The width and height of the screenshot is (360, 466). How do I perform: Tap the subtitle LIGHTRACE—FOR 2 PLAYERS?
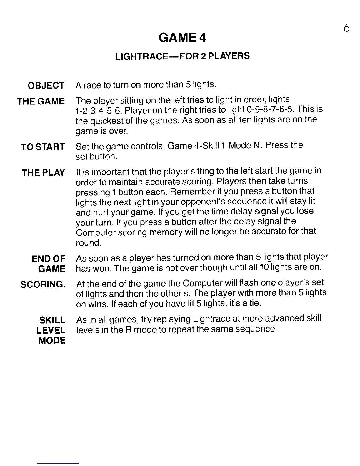pyautogui.click(x=182, y=56)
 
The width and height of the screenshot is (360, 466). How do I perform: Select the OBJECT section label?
pyautogui.click(x=46, y=86)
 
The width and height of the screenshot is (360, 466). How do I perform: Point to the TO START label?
pyautogui.click(x=43, y=147)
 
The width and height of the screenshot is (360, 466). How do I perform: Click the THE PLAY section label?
pyautogui.click(x=43, y=173)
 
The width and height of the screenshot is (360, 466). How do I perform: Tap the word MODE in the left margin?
pyautogui.click(x=52, y=341)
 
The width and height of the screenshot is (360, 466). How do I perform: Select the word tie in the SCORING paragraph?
pyautogui.click(x=255, y=303)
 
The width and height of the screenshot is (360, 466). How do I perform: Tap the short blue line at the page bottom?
pyautogui.click(x=58, y=463)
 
